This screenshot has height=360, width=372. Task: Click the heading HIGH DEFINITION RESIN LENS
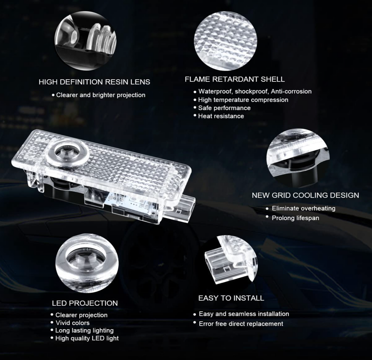tap(94, 82)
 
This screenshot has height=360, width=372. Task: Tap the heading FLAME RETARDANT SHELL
tap(235, 79)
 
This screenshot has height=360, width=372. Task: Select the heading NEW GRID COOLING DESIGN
tap(305, 195)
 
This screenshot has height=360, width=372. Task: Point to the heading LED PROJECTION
tap(85, 303)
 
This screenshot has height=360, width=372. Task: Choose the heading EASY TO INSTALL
tap(231, 298)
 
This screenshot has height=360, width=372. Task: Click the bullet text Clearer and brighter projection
tap(101, 95)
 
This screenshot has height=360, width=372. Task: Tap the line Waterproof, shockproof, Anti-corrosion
tap(255, 91)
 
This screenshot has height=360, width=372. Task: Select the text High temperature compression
tap(243, 100)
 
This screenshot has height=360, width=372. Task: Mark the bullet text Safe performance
tap(224, 108)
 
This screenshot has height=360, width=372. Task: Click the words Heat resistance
tap(221, 116)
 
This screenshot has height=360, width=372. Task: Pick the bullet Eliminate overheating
tap(303, 208)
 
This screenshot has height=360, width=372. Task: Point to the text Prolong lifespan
tap(295, 218)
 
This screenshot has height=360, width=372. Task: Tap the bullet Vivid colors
tap(72, 323)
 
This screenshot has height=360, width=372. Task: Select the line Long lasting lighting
tap(84, 330)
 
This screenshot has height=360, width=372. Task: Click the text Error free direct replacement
tap(241, 324)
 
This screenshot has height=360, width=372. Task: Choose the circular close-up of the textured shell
tap(225, 39)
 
